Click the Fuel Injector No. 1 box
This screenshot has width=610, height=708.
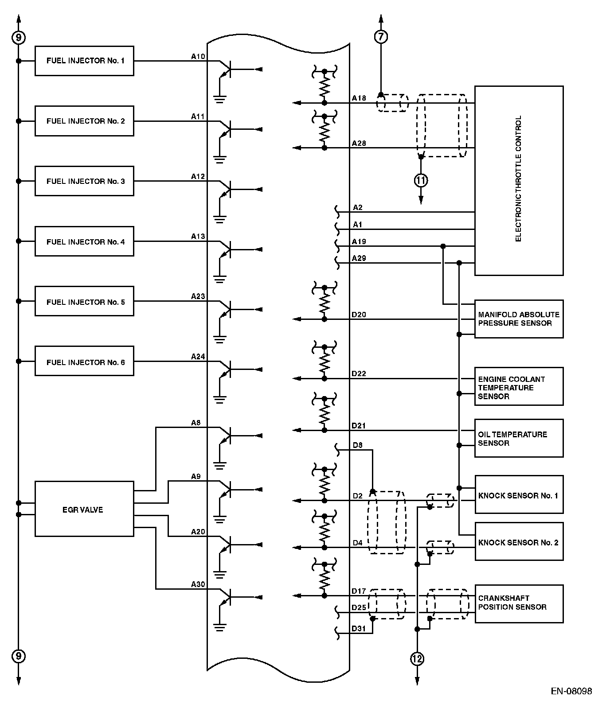[84, 61]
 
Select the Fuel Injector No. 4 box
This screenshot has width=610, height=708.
[84, 241]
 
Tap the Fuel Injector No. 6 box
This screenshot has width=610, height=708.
[84, 362]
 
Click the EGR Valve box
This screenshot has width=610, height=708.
[84, 509]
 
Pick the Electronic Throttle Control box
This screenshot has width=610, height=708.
[519, 180]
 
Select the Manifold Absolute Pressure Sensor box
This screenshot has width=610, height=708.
[519, 319]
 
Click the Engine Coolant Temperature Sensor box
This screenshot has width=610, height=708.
[519, 386]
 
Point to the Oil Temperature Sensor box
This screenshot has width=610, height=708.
[519, 438]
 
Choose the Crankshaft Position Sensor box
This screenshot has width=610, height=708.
[519, 603]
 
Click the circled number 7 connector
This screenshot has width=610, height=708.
[381, 37]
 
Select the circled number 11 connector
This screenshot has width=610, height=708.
[421, 180]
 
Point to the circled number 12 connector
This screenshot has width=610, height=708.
[417, 659]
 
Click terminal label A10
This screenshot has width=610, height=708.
[198, 56]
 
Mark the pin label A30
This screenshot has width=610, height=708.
[198, 584]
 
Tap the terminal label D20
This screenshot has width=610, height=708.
[359, 315]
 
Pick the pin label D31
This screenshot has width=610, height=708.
[359, 628]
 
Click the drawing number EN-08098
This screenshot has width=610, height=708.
[571, 691]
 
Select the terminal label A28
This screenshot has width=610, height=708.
[359, 143]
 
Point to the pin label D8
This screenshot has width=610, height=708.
[357, 444]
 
